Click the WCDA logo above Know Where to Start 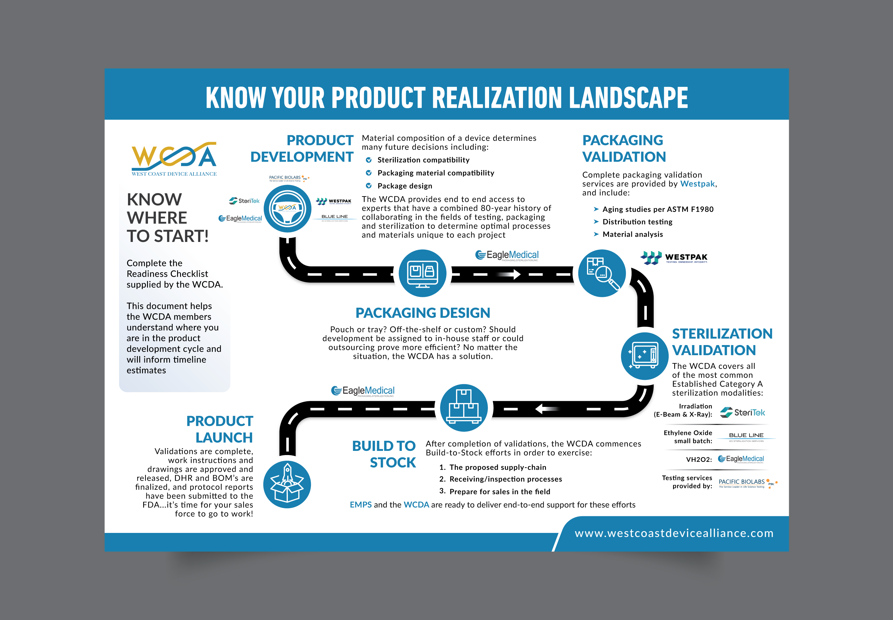[x=174, y=159]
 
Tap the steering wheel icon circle [x=288, y=209]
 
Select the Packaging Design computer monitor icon [x=422, y=273]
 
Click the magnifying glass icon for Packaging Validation [x=602, y=273]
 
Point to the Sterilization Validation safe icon [x=644, y=356]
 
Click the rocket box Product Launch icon [x=287, y=484]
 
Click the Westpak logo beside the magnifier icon [x=674, y=258]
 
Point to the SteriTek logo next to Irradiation [x=742, y=412]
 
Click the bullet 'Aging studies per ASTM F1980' [x=658, y=209]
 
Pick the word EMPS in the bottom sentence [x=360, y=505]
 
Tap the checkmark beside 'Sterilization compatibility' [x=369, y=160]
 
